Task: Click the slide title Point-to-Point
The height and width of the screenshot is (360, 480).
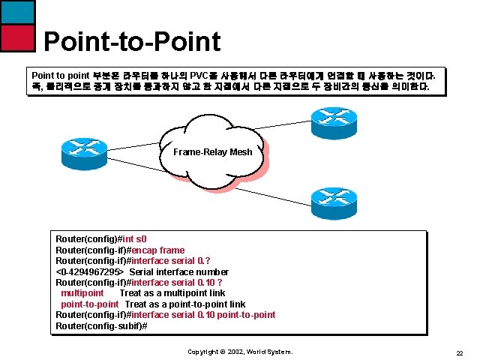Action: [132, 42]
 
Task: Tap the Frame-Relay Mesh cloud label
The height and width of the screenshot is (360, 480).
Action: [212, 152]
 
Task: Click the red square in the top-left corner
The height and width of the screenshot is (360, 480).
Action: [17, 37]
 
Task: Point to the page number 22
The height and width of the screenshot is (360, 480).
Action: [460, 352]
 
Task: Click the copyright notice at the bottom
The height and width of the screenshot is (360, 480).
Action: [240, 352]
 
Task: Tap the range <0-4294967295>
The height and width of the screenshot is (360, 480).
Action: [90, 271]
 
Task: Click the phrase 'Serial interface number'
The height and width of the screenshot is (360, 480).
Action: [178, 271]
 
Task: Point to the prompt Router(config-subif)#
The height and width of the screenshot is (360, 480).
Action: [101, 325]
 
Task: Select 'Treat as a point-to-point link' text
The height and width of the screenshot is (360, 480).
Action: [184, 304]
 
